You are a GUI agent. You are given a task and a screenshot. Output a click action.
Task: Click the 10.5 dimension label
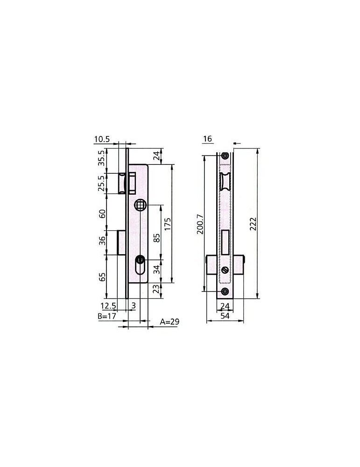click(x=102, y=139)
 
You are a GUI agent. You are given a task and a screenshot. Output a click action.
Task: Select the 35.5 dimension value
click(x=102, y=158)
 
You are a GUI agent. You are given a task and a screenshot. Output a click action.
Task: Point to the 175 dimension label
click(x=168, y=224)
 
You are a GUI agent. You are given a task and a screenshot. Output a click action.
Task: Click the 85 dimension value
click(x=156, y=238)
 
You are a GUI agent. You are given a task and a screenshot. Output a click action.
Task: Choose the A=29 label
click(x=169, y=322)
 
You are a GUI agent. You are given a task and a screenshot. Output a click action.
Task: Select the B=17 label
click(x=107, y=316)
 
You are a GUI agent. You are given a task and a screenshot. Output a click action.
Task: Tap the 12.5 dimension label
click(x=108, y=305)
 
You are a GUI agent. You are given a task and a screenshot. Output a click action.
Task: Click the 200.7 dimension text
click(x=200, y=224)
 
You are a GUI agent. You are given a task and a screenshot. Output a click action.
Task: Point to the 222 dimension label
click(x=253, y=224)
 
